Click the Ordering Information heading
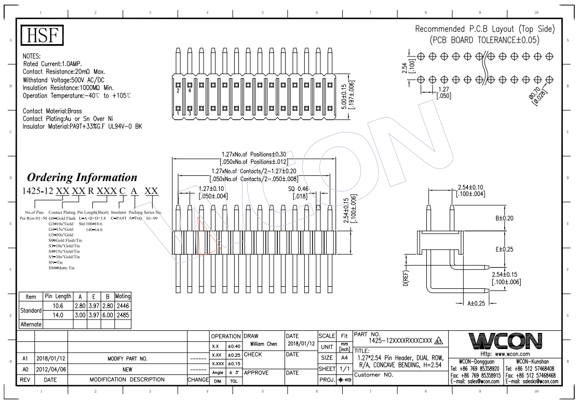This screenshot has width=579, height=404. coord(82,177)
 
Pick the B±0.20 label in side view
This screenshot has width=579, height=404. coord(505,218)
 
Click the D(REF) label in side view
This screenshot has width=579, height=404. coord(407,281)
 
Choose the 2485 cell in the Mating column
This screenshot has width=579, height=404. coord(123,315)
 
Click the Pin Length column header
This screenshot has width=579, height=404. coord(58,296)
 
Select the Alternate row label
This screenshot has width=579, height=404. coord(31,324)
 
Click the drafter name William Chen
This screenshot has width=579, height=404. coord(263,344)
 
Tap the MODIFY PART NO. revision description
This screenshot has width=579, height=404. coord(127,358)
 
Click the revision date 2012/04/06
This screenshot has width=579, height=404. coord(50,369)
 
